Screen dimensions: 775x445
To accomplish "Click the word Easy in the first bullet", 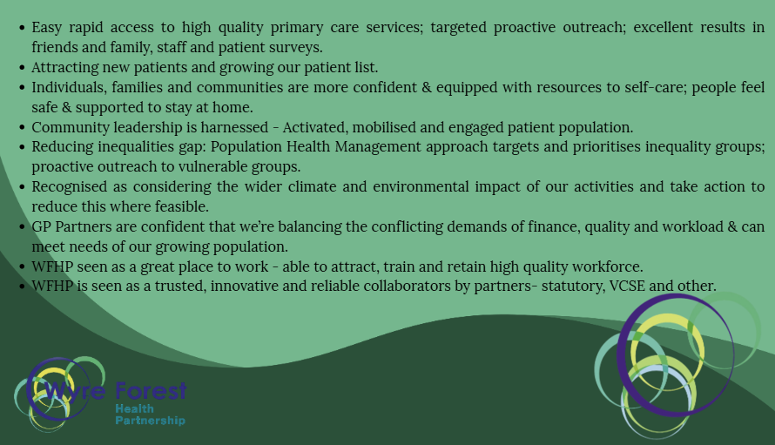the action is point(46,28).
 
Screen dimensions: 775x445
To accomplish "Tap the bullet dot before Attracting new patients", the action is point(22,68).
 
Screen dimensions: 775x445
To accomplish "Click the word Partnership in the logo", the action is point(151,421).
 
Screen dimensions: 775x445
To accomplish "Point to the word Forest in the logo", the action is point(151,391).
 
